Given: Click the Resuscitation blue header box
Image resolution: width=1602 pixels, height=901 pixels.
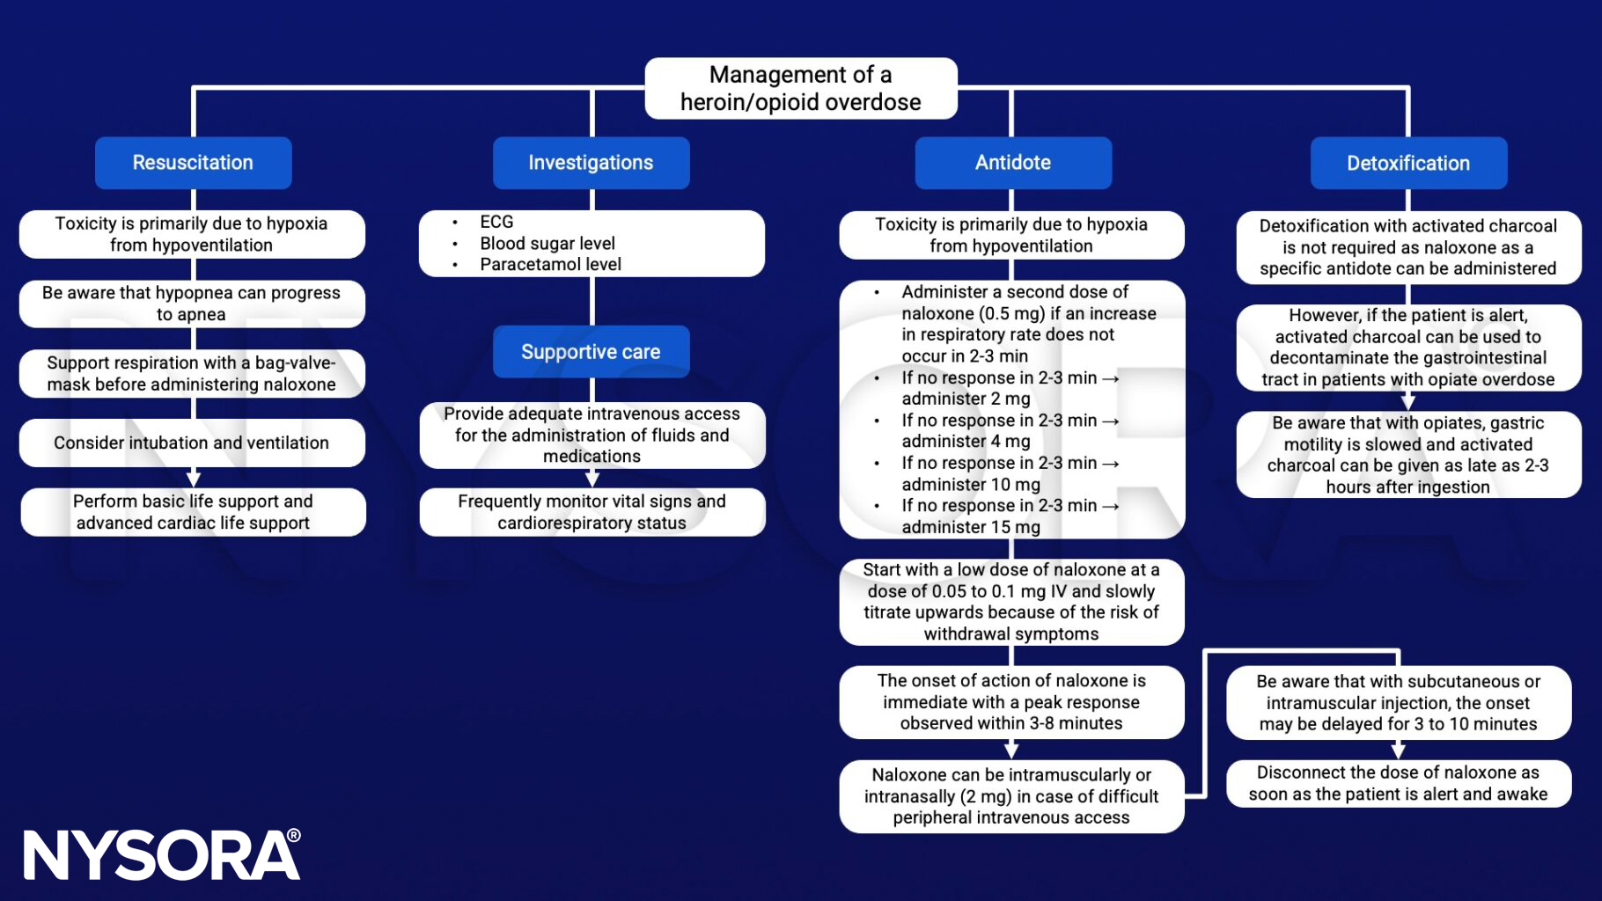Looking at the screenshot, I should click(x=193, y=163).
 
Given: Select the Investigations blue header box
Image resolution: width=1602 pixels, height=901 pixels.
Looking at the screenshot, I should click(x=591, y=163).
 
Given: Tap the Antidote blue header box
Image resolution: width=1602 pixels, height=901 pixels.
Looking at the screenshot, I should click(x=1012, y=163).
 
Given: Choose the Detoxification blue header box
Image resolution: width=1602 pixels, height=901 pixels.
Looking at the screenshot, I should click(x=1407, y=163).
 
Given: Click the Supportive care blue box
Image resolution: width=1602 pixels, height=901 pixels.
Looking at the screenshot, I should click(x=591, y=352).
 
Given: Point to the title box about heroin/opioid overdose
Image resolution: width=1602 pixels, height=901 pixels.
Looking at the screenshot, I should click(x=800, y=89).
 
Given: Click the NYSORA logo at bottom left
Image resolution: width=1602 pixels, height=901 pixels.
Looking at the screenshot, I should click(x=162, y=855).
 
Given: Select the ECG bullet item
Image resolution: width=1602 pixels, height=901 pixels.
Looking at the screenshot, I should click(x=496, y=223).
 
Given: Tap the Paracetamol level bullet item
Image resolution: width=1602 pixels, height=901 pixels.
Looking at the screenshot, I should click(x=550, y=264).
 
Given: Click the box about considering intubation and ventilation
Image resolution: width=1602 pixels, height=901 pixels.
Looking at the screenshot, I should click(x=192, y=443).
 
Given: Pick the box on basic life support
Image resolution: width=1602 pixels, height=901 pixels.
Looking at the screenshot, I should click(x=193, y=512).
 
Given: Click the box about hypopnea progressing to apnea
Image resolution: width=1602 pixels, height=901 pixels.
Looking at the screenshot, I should click(x=192, y=304).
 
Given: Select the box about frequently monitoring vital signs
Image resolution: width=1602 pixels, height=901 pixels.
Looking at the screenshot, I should click(x=592, y=512).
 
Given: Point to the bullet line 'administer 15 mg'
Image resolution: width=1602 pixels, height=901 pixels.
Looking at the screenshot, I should click(x=970, y=527).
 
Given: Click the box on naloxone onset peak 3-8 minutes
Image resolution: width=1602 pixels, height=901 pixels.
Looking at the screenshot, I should click(x=1011, y=702).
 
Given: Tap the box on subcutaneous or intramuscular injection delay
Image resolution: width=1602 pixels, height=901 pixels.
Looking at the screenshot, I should click(x=1398, y=703).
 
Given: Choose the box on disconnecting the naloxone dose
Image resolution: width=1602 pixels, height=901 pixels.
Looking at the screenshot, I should click(x=1398, y=783).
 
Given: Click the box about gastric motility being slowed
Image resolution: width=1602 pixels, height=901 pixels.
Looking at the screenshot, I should click(x=1407, y=455).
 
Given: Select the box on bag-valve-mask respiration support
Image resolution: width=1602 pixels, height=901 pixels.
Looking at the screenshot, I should click(x=192, y=374).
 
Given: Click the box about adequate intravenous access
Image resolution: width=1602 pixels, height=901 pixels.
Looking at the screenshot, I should click(x=592, y=435).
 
